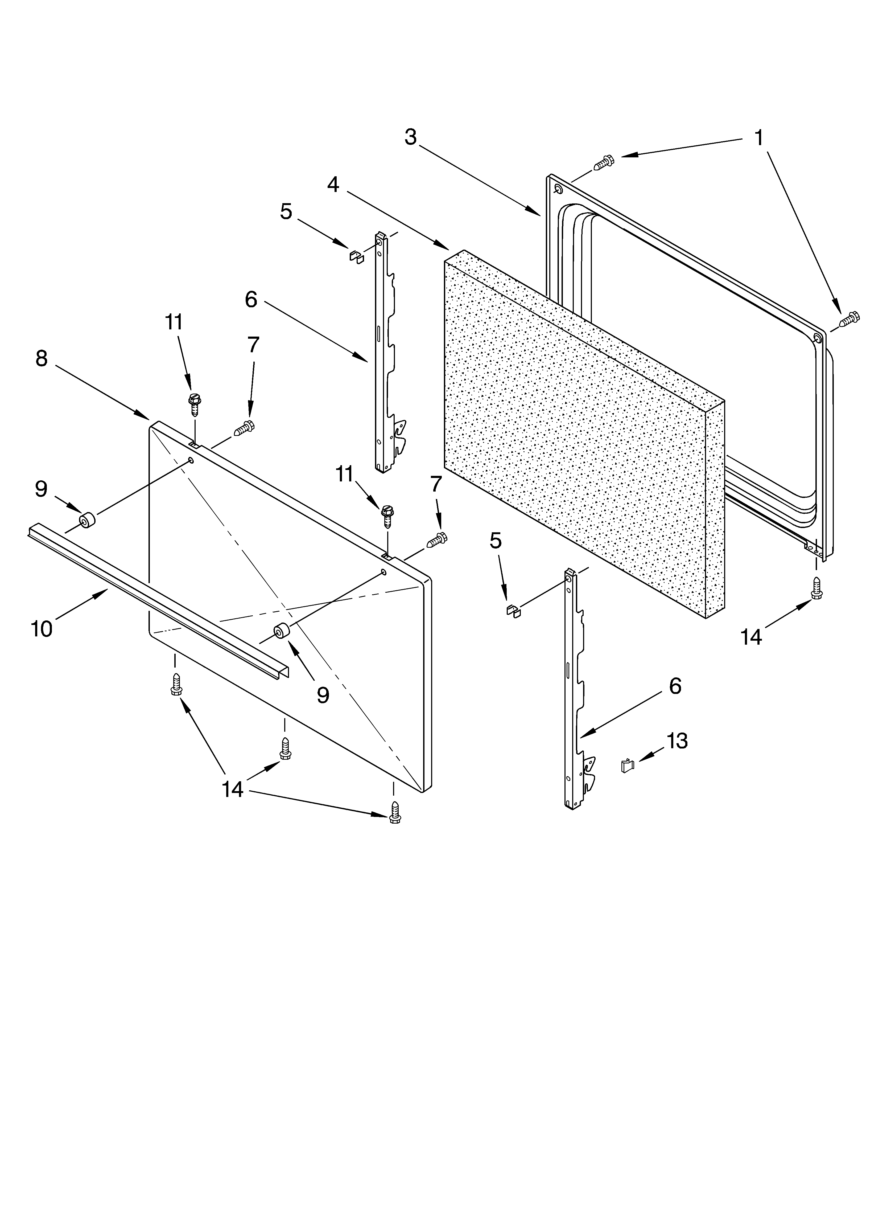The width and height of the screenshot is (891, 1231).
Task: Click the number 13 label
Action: pos(677,740)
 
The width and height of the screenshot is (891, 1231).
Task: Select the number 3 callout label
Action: pos(411,137)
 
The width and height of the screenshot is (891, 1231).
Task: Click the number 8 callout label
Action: pos(42,358)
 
